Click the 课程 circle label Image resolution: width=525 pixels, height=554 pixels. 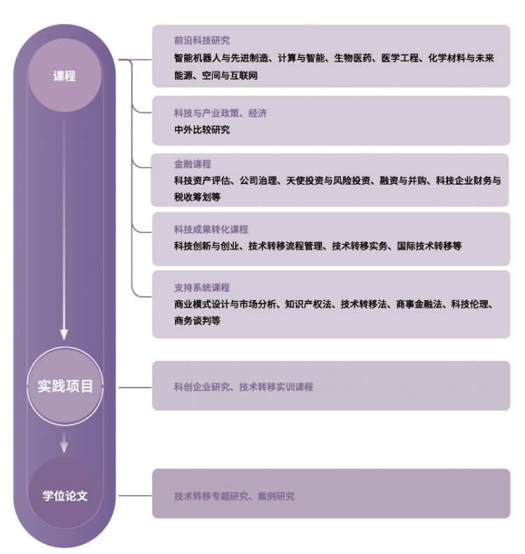[64, 76]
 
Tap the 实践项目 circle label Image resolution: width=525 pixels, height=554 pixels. [65, 386]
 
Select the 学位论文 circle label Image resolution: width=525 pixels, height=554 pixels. [65, 496]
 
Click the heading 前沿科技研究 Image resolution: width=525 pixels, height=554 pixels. [202, 41]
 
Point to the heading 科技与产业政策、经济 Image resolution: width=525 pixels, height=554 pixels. [220, 113]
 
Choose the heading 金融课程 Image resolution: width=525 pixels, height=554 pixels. [192, 164]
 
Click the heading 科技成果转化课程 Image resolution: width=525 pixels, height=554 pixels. [211, 229]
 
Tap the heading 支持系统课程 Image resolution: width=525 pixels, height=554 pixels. [202, 287]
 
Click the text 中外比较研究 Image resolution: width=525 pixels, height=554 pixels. [202, 129]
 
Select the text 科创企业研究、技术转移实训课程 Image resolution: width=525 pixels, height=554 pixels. [244, 387]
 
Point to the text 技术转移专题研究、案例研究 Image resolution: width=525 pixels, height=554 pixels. [234, 496]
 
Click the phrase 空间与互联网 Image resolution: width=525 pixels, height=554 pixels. [230, 76]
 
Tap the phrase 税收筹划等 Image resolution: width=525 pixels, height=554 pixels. [197, 197]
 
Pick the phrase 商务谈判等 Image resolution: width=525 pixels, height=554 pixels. [197, 320]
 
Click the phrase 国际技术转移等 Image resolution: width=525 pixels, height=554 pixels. [429, 246]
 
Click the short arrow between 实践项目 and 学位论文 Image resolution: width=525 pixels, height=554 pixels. [64, 442]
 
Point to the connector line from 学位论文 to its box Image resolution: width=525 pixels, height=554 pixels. [134, 496]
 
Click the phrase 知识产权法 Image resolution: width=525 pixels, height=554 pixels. [308, 304]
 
